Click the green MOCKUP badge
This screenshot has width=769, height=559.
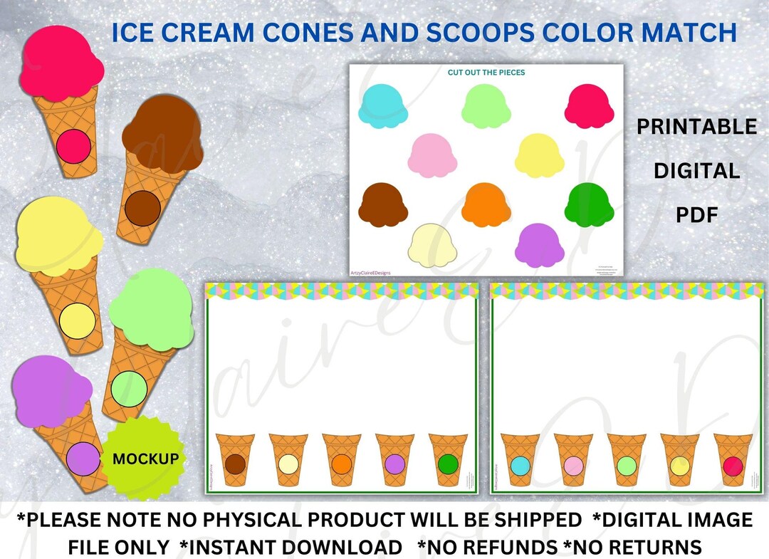point(145,459)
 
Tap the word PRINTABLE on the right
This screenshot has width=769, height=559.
point(696,127)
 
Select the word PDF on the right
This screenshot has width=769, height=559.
point(696,214)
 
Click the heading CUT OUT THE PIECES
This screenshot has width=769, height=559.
point(486,73)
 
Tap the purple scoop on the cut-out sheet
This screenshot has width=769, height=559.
point(539,244)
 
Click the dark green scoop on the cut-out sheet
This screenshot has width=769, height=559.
point(589,204)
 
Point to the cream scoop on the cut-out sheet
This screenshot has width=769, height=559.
point(431,244)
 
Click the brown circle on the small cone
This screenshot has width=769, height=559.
point(235,464)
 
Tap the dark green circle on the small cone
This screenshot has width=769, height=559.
point(447,464)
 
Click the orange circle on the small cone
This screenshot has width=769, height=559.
point(341,464)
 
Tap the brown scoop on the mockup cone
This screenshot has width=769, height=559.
point(162,135)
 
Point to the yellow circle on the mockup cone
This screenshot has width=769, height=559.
point(75,320)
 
